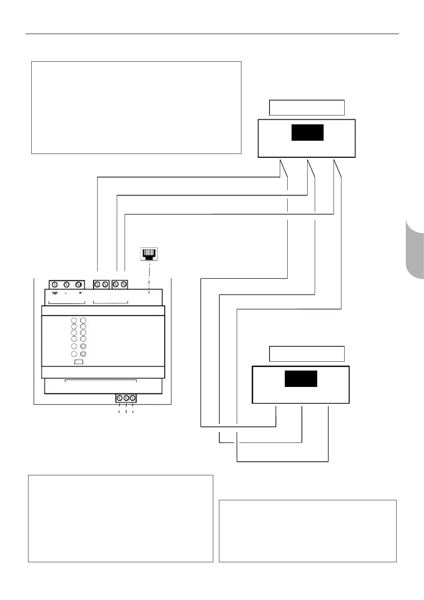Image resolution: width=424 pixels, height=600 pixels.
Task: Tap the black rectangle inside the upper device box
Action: [307, 133]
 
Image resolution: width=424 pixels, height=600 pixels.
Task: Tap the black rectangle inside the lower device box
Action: [301, 379]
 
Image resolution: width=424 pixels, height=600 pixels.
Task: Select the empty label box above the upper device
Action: [307, 108]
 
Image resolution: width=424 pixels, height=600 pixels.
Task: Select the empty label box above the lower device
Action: [307, 354]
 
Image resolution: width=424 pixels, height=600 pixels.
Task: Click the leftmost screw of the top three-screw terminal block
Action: [55, 285]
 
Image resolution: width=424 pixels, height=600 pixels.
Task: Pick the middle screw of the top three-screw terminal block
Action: [66, 285]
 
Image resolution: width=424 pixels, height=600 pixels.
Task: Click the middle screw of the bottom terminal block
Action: [126, 398]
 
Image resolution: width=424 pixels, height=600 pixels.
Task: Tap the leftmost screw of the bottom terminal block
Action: [120, 398]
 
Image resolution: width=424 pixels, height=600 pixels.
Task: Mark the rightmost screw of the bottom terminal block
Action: [132, 398]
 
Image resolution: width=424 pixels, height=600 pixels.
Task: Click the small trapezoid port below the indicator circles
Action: [79, 362]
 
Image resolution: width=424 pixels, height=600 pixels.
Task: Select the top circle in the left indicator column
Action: [74, 320]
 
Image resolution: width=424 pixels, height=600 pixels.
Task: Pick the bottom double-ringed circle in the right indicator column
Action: [83, 354]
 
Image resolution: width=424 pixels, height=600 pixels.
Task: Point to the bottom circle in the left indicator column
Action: [74, 354]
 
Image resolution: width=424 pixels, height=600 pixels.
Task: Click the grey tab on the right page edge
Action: [415, 249]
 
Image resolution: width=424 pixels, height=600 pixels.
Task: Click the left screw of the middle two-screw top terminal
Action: [97, 285]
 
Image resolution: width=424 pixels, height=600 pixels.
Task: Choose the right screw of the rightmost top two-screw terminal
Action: [124, 285]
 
